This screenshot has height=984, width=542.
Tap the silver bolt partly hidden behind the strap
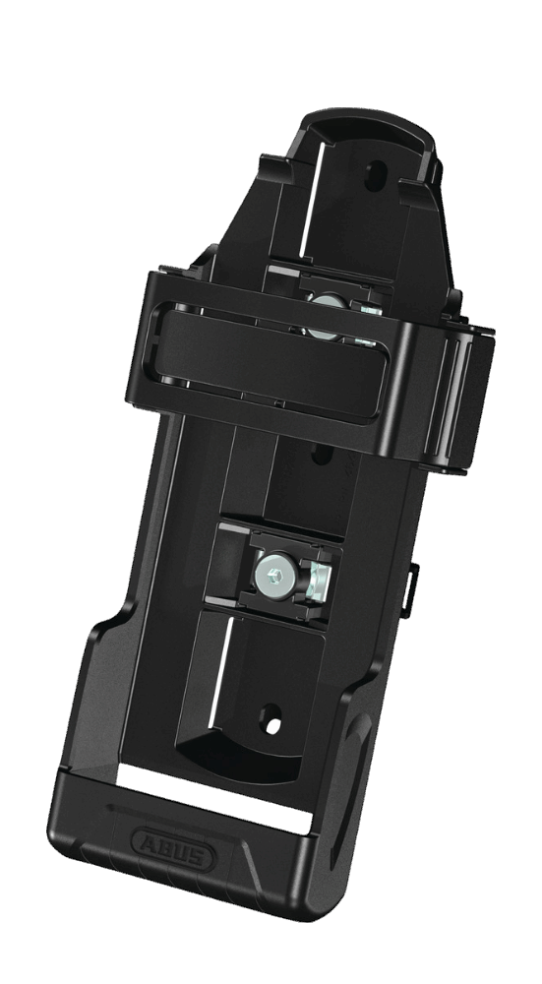tap(327, 317)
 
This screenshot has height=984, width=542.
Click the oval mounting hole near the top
tap(375, 175)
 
